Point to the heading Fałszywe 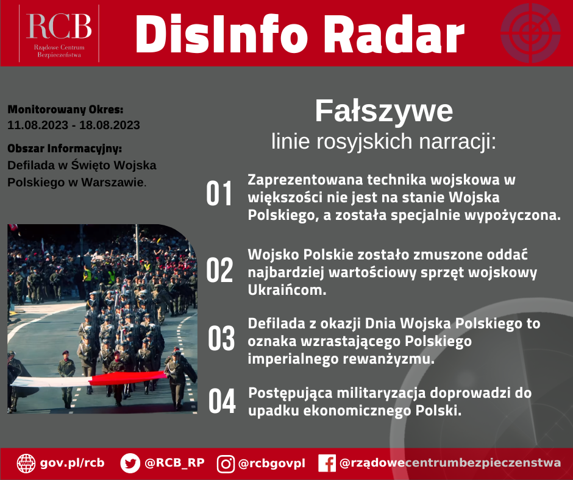coord(383,111)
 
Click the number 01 coord(219,194)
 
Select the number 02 coord(219,270)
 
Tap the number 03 coord(221,339)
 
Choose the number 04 coord(222,401)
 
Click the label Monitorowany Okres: coord(65,110)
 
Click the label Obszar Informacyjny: coord(65,149)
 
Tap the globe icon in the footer coord(26,464)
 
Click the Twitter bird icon coord(130,464)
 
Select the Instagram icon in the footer coord(226,464)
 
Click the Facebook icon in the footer coord(327,464)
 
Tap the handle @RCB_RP coord(174,463)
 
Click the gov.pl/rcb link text coord(72,463)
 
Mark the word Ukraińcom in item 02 coord(287,290)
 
